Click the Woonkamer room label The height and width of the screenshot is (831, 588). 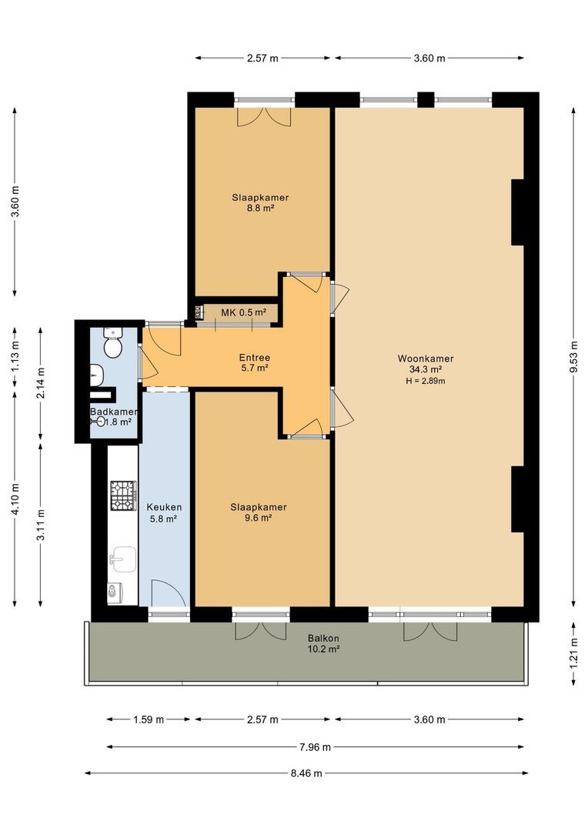tap(426, 359)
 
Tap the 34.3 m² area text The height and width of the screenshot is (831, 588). tap(426, 370)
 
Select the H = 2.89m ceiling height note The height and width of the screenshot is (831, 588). tap(426, 381)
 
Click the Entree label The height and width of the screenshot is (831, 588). tap(255, 358)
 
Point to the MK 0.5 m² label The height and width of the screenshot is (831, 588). tap(243, 312)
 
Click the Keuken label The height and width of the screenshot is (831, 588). tap(164, 507)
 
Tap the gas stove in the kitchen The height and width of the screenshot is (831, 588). tap(123, 496)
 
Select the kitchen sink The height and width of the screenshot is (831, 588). tap(123, 559)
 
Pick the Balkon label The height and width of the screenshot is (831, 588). tap(323, 639)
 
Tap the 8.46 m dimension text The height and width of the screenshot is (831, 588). tap(306, 773)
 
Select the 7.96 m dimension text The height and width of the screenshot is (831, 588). tap(315, 747)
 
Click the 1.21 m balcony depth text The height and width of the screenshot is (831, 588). tap(573, 654)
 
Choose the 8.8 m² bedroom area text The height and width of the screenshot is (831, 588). tap(260, 209)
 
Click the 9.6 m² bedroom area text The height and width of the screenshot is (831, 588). tap(258, 518)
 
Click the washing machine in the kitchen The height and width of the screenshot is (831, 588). tap(115, 593)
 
